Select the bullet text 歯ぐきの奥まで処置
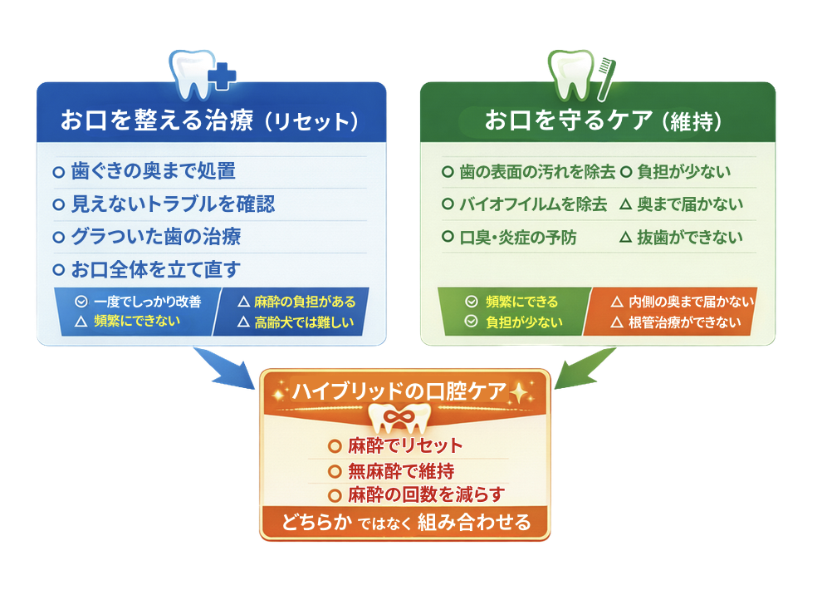(154, 172)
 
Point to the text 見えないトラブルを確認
(173, 204)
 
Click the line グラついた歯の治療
(156, 237)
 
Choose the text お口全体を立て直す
(155, 269)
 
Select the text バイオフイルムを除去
(533, 204)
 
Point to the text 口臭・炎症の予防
(518, 237)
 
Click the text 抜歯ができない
(690, 237)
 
